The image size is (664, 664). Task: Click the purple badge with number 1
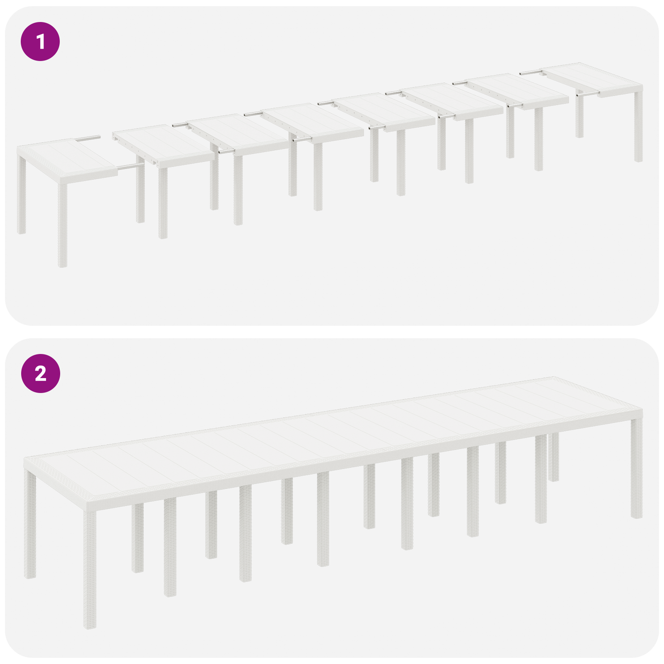click(x=40, y=42)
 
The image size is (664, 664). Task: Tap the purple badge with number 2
click(x=40, y=373)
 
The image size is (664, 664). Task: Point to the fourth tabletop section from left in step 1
click(x=312, y=122)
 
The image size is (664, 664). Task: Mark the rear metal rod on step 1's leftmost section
click(x=88, y=137)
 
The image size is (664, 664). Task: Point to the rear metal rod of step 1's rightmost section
click(x=531, y=72)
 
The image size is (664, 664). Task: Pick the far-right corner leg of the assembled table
click(x=636, y=469)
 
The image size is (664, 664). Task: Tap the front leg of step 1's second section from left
click(x=163, y=202)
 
